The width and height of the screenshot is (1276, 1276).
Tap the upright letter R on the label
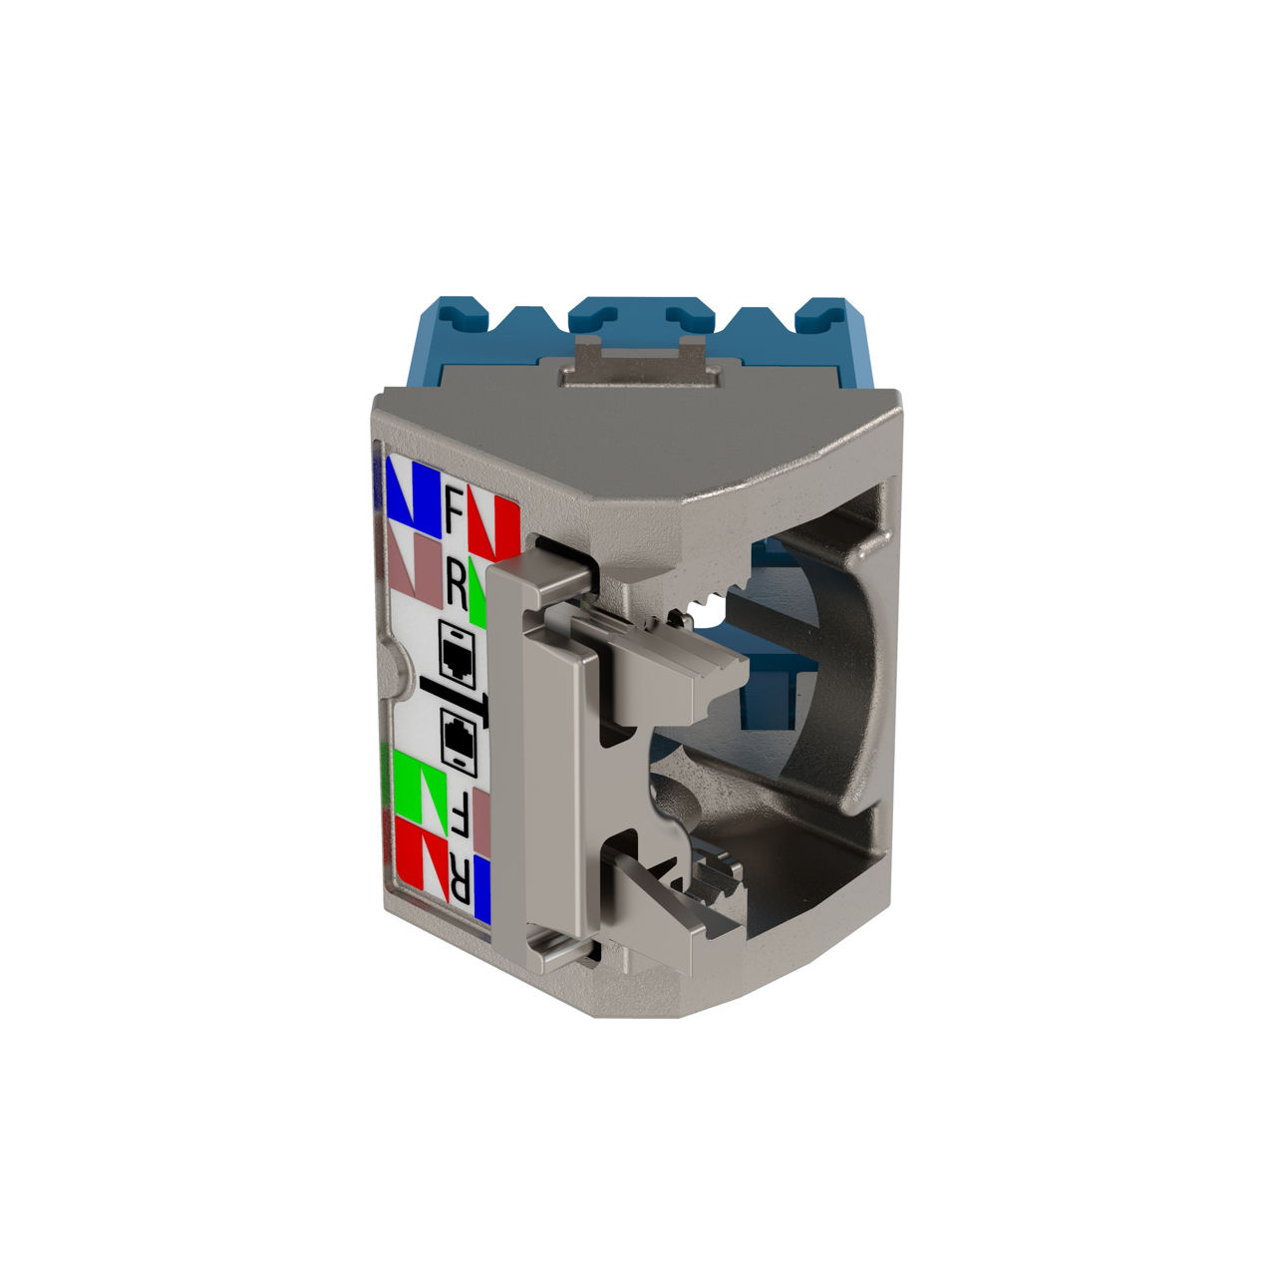point(457,585)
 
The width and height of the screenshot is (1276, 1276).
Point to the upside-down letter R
point(460,878)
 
